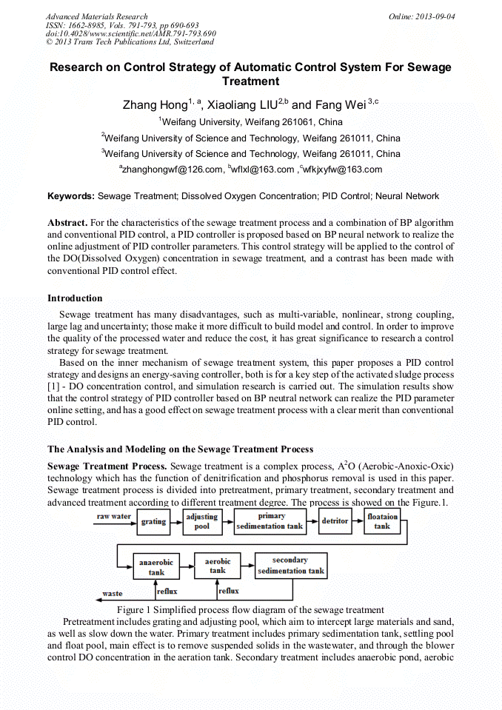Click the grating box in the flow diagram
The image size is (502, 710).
[x=153, y=521]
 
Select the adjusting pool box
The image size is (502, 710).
[x=201, y=521]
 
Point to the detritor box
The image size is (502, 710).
[x=335, y=521]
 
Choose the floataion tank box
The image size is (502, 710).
[x=382, y=521]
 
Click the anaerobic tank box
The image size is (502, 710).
[x=156, y=567]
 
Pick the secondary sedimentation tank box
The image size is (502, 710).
[x=290, y=566]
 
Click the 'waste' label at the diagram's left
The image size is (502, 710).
[x=113, y=593]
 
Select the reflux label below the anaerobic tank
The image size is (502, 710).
[x=167, y=591]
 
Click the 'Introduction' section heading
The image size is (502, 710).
[x=75, y=298]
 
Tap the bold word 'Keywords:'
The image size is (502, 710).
[x=71, y=196]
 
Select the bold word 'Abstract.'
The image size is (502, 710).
[x=68, y=222]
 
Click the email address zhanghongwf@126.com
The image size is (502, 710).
[x=172, y=170]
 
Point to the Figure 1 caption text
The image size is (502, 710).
[x=250, y=609]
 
